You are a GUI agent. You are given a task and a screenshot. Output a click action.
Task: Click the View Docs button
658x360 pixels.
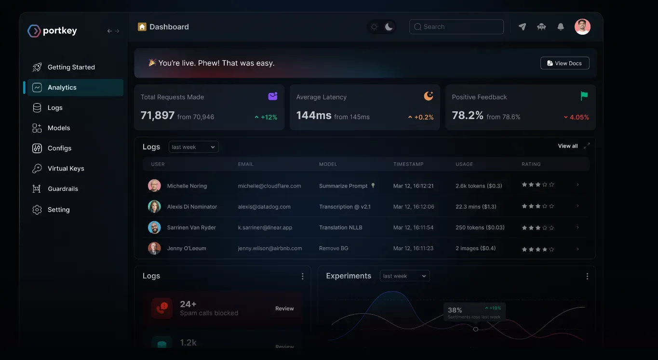click(564, 63)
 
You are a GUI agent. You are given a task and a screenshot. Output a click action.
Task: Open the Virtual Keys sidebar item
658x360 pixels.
click(66, 169)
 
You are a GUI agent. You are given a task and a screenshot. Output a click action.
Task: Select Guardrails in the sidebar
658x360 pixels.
click(63, 189)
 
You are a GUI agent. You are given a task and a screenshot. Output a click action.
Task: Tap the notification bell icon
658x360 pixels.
click(560, 27)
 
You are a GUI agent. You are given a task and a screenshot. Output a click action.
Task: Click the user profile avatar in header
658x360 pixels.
click(582, 27)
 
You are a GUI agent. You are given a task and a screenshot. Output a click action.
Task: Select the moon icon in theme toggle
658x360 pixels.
click(389, 27)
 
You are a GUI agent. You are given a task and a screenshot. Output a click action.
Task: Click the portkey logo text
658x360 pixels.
click(60, 31)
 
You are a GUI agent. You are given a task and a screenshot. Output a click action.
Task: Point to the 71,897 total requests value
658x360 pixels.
click(157, 116)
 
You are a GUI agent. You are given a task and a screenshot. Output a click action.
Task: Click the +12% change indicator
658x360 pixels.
click(266, 117)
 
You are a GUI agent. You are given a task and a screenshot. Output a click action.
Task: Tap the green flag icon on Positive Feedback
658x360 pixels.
click(584, 96)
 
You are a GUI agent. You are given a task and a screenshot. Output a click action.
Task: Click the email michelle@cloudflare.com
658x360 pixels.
click(269, 186)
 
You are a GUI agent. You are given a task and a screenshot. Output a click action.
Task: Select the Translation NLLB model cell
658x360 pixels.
click(340, 227)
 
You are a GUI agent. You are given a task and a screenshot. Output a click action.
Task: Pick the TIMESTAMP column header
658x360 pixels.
click(408, 164)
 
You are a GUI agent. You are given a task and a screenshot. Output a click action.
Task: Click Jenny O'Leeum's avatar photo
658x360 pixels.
click(154, 248)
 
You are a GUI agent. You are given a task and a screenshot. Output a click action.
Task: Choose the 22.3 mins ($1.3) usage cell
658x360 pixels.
click(476, 207)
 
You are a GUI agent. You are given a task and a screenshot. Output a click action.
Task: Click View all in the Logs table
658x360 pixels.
click(567, 146)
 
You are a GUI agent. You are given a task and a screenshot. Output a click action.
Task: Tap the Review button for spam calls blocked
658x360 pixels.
click(284, 308)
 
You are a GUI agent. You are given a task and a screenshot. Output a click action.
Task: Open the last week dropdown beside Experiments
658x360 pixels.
click(404, 276)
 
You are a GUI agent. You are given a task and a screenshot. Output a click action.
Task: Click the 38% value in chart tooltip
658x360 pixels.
click(455, 310)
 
